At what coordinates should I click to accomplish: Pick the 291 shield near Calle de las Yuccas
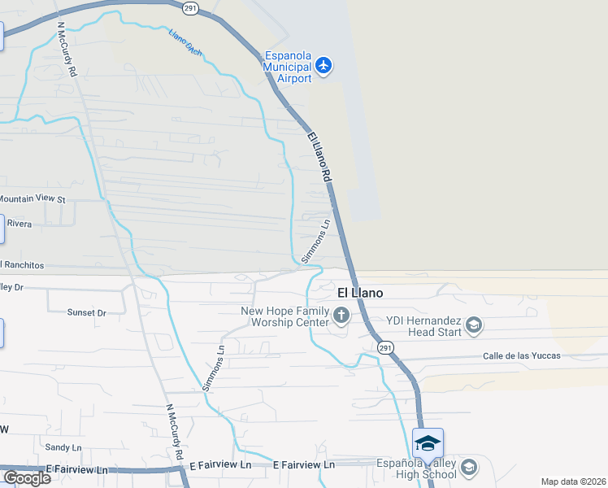coord(386,347)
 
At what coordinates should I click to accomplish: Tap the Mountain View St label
coord(33,198)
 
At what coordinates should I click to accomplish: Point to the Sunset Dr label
coord(86,312)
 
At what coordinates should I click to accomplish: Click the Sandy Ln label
coord(63,447)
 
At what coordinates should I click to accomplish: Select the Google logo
coord(26,478)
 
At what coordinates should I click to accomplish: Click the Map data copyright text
coord(574,481)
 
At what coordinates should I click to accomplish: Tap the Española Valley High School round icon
coord(468,467)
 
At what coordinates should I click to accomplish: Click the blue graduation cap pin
coord(428,444)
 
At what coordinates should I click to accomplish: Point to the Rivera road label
coord(20,223)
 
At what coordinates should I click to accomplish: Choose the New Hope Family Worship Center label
coord(284,316)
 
